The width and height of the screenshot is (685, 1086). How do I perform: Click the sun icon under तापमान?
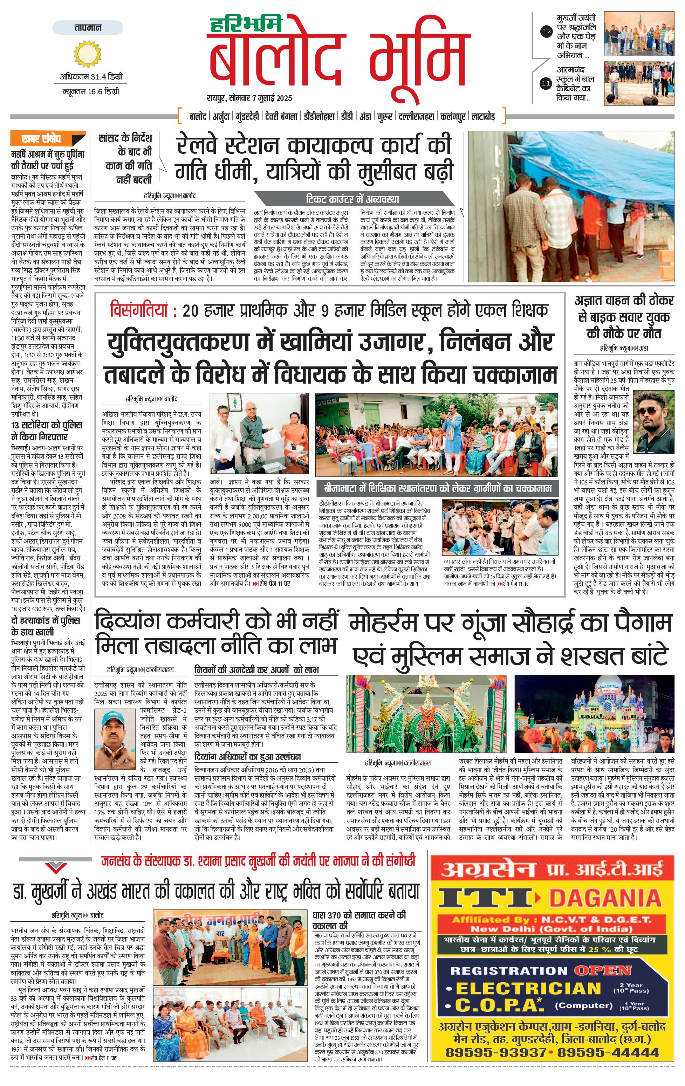(88, 53)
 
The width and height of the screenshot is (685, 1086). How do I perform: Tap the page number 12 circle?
(547, 32)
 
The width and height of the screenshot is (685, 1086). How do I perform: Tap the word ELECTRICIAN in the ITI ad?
(528, 988)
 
